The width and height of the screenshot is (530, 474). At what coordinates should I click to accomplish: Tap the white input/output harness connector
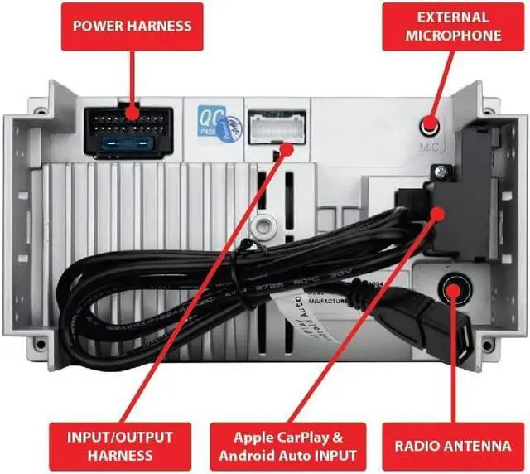[x=277, y=128]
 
